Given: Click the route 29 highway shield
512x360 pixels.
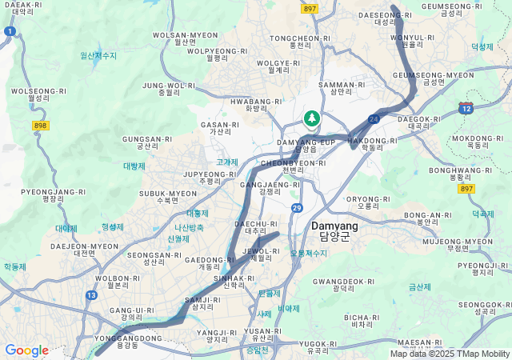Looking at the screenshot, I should pos(297,208).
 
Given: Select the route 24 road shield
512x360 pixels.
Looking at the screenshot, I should pos(374,119).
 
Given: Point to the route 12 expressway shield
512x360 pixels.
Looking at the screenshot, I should pos(466,107).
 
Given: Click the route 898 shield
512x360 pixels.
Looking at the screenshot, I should pos(41,126).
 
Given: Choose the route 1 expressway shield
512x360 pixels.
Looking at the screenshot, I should pos(9,31).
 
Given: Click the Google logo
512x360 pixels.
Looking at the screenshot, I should pos(26,350).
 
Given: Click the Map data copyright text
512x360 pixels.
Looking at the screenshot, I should pos(450,354).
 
